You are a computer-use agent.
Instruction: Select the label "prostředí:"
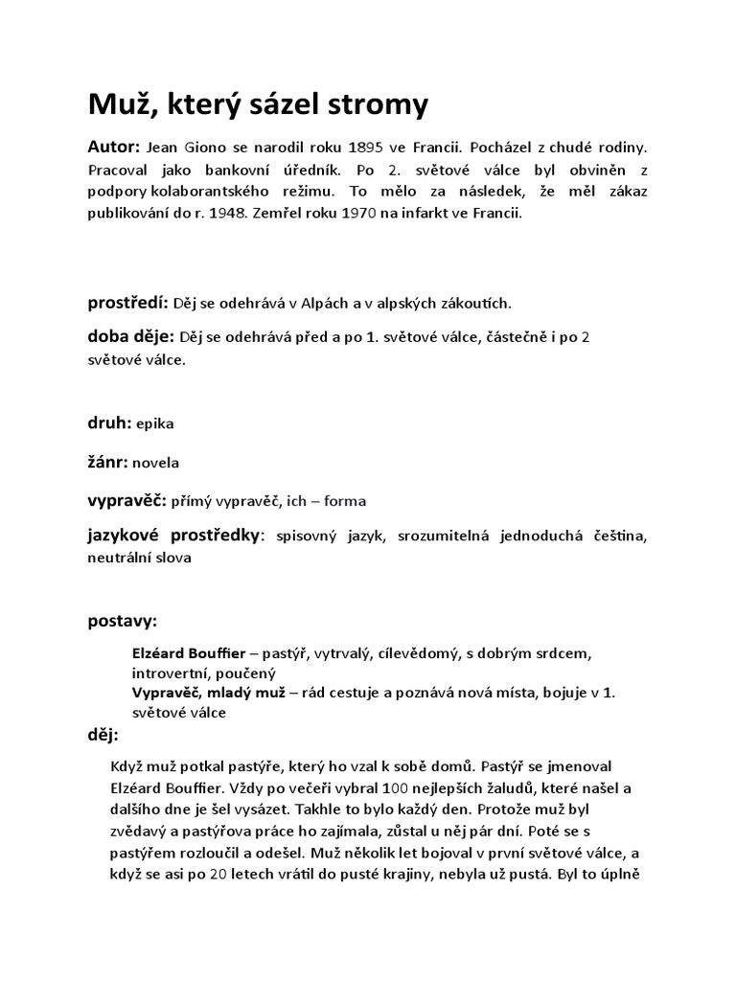coord(128,304)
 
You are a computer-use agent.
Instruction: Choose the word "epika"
coord(155,422)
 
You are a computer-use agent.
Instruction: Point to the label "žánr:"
coord(108,462)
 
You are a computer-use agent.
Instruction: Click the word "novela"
coord(155,463)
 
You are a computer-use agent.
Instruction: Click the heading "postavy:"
coord(124,623)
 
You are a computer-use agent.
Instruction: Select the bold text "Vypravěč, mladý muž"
coord(209,693)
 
